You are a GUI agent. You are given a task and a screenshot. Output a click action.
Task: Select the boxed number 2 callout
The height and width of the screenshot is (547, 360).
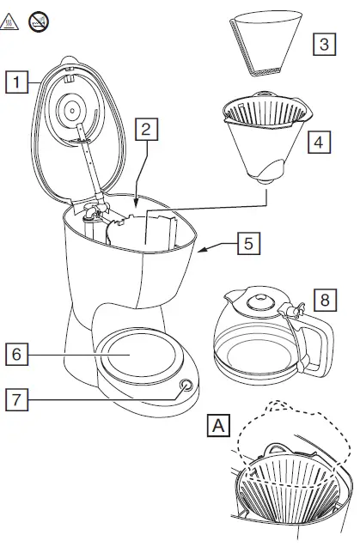coord(147,131)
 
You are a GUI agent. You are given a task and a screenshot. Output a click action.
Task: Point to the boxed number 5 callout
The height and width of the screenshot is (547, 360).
coord(247,243)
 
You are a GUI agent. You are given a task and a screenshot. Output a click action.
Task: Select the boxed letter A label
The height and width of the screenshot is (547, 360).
coord(219,425)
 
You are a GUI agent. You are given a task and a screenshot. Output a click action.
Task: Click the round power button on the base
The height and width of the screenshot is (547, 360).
coord(186,387)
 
